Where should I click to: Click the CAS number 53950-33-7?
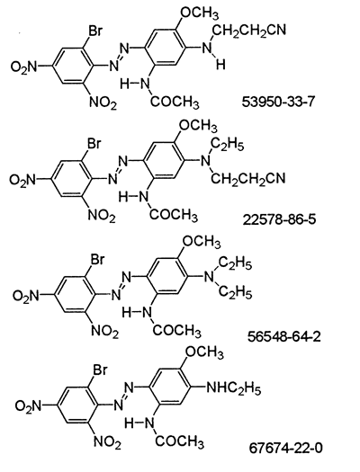(278, 102)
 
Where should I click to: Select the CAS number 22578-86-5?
(279, 219)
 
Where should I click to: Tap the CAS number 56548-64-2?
(284, 336)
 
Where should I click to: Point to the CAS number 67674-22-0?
(285, 449)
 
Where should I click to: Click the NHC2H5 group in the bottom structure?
(233, 388)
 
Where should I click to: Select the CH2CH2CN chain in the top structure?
(249, 31)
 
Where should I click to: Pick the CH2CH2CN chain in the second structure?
(247, 179)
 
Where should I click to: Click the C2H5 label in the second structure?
(228, 146)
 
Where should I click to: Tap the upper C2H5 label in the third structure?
(236, 264)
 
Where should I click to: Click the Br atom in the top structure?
(94, 31)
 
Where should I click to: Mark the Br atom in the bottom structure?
(100, 370)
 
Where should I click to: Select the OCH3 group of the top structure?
(199, 13)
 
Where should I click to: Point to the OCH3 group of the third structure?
(202, 242)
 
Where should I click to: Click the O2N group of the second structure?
(23, 180)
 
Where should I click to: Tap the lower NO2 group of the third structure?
(104, 332)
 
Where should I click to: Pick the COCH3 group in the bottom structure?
(179, 442)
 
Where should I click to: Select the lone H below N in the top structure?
(220, 65)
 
